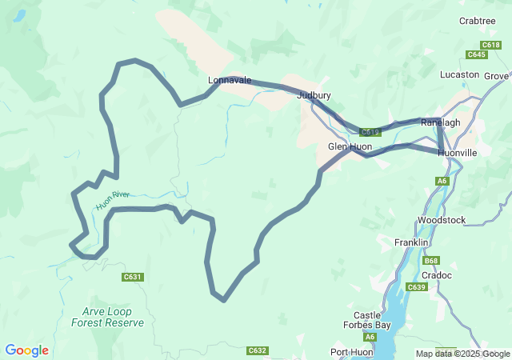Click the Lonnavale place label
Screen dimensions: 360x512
(x=230, y=81)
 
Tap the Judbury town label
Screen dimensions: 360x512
(x=314, y=95)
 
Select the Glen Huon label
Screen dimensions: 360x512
(x=350, y=147)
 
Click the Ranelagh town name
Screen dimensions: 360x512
(x=440, y=122)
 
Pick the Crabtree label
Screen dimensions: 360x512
(x=478, y=21)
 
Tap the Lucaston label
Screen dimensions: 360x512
(x=459, y=75)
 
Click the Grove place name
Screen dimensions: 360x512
(x=496, y=76)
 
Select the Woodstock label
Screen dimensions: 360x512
(x=441, y=220)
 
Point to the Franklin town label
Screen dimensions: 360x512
(x=413, y=242)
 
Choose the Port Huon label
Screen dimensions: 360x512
(x=351, y=353)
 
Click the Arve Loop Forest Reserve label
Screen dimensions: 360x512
(x=107, y=318)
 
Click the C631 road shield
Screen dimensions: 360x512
(x=133, y=278)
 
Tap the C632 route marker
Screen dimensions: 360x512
(x=257, y=350)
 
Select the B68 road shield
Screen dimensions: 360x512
(x=431, y=261)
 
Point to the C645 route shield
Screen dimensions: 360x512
(x=477, y=54)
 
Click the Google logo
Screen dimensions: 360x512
(x=27, y=350)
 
